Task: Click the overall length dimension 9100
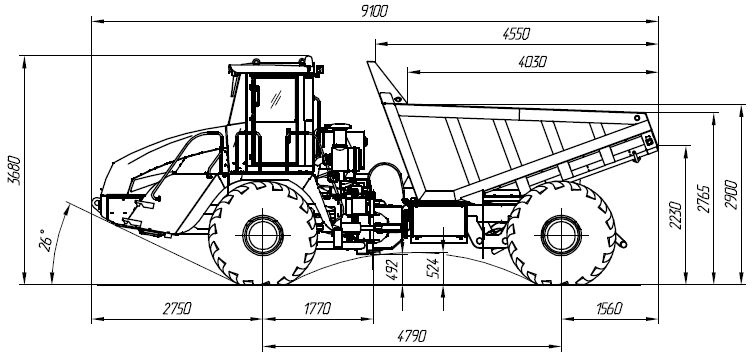click(x=374, y=12)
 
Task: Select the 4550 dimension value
click(x=515, y=34)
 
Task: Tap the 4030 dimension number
click(x=532, y=62)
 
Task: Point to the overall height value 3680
click(x=15, y=170)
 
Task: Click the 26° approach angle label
click(x=45, y=240)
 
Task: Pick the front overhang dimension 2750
click(x=177, y=309)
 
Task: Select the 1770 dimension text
click(x=317, y=309)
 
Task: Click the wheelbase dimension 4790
click(x=412, y=336)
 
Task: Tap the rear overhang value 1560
click(x=609, y=309)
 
